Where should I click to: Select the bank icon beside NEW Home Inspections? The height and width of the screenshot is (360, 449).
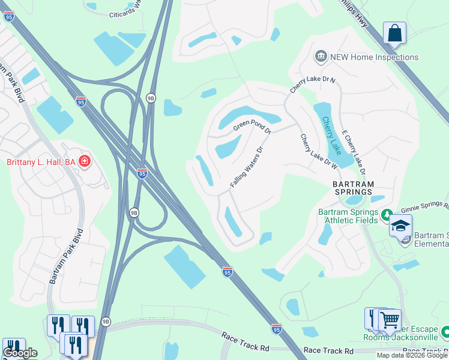pos(321,57)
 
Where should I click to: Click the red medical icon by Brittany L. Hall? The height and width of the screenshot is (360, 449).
pos(85,161)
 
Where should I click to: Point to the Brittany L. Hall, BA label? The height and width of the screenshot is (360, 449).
pos(41,162)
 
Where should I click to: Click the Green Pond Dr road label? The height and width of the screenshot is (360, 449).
pos(253,125)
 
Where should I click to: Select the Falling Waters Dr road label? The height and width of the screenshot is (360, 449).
pos(247,167)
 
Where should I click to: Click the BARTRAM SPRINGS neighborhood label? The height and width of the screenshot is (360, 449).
pos(354,188)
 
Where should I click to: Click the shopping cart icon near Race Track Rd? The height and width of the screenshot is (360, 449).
pos(390,319)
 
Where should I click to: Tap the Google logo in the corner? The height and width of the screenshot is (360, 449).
pos(20,352)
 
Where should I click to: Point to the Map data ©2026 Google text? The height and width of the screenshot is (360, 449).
pos(412,355)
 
